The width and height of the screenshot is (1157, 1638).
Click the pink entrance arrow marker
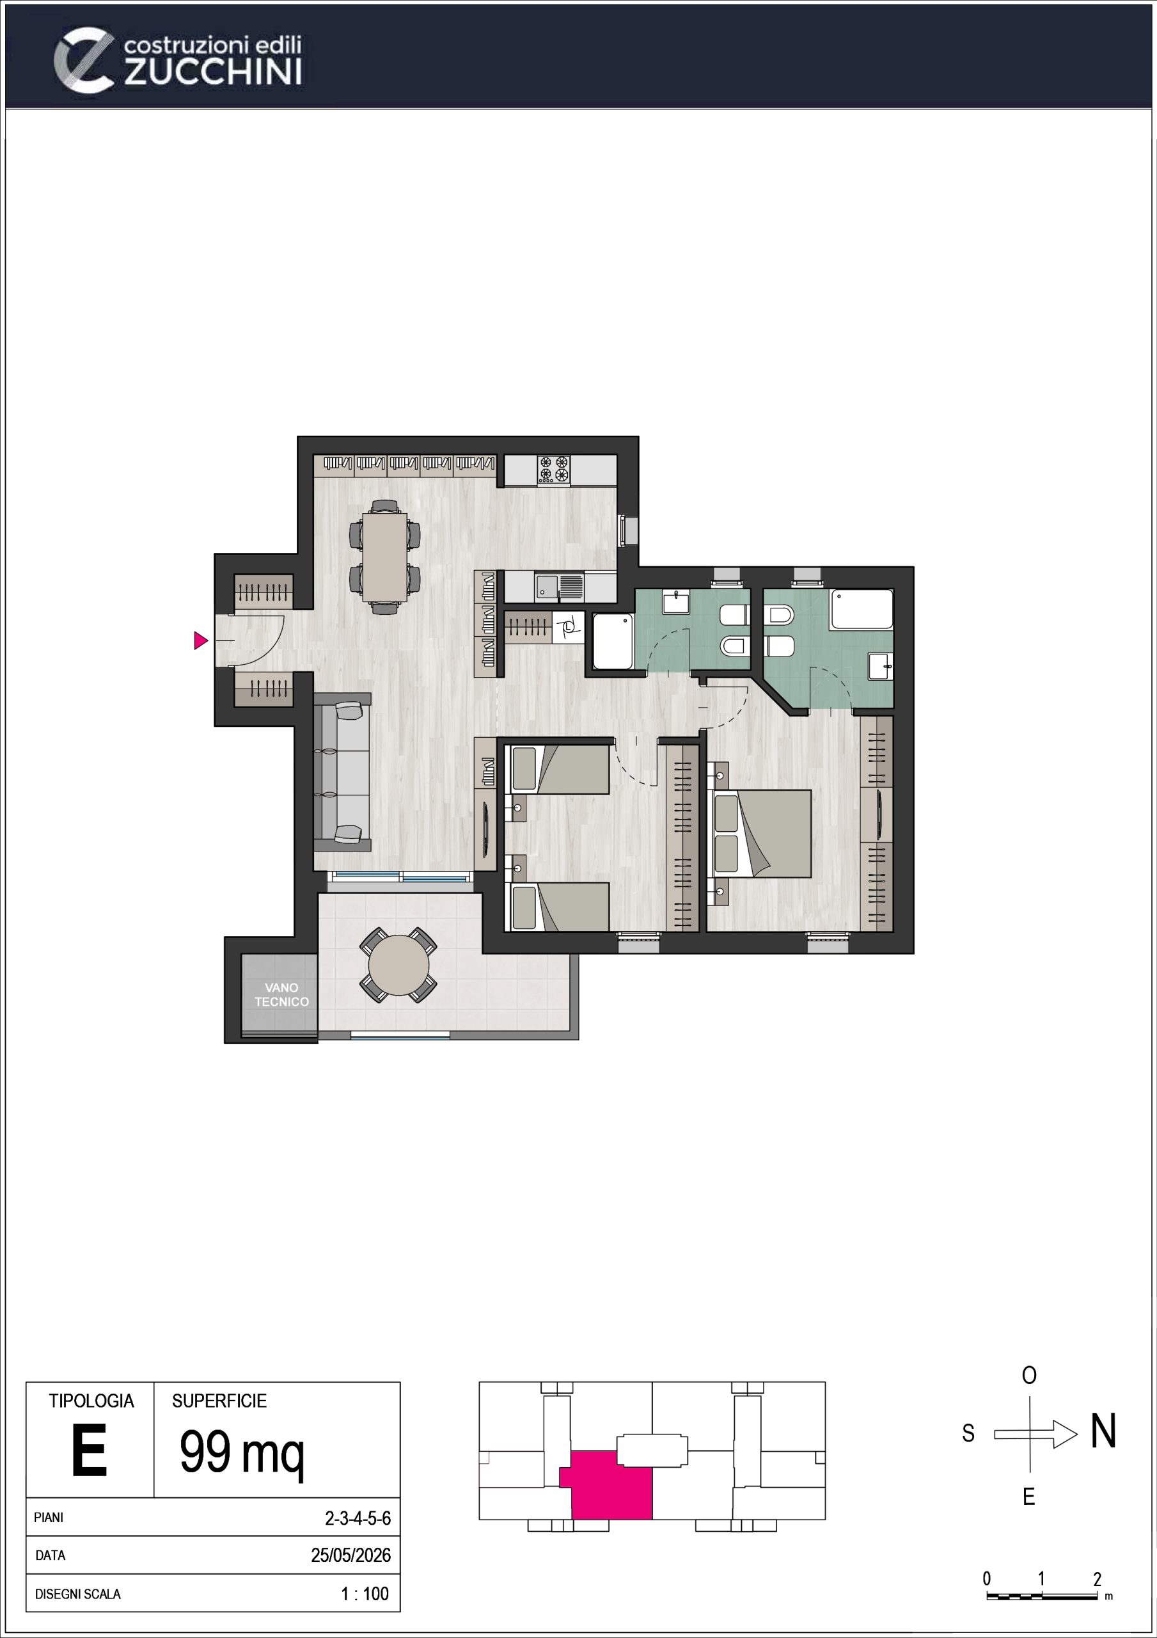(200, 640)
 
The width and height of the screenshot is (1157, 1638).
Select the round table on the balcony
(398, 966)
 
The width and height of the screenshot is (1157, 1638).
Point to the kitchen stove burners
(553, 470)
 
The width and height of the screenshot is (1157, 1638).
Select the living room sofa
(342, 772)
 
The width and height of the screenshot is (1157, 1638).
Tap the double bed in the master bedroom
(762, 833)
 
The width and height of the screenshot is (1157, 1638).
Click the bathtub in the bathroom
(862, 608)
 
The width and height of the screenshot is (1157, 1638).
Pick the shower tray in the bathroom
(613, 641)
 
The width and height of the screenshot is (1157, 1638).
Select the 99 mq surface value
(242, 1452)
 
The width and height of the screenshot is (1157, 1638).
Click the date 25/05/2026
(350, 1555)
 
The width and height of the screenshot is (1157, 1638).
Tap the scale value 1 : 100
(365, 1593)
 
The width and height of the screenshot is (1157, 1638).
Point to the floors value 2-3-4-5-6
(358, 1518)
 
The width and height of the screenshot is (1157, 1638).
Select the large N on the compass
(1103, 1431)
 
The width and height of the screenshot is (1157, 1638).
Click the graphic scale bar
(1041, 1596)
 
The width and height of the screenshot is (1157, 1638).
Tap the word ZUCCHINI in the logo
(212, 72)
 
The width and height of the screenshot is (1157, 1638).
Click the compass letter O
(1028, 1376)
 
